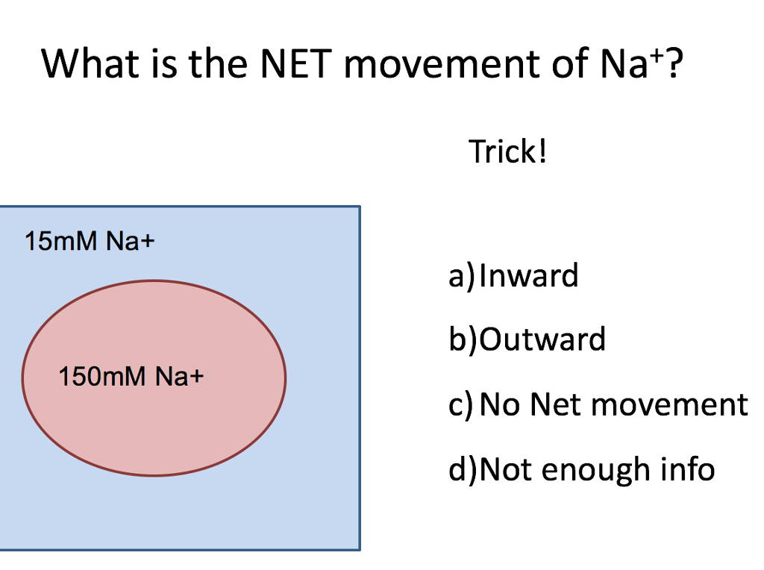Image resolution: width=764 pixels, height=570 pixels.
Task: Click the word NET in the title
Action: pyautogui.click(x=295, y=65)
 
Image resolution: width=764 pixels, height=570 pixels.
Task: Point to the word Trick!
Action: pyautogui.click(x=508, y=152)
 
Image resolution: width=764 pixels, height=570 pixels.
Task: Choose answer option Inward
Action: pyautogui.click(x=528, y=276)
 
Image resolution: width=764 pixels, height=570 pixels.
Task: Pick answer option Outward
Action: pyautogui.click(x=542, y=340)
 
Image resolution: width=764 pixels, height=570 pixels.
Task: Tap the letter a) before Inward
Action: pyautogui.click(x=461, y=277)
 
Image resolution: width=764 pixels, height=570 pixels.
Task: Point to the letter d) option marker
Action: pyautogui.click(x=462, y=469)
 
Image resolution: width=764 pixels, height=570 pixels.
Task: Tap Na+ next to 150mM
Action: pyautogui.click(x=179, y=377)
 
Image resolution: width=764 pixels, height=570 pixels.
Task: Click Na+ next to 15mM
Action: pyautogui.click(x=130, y=242)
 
